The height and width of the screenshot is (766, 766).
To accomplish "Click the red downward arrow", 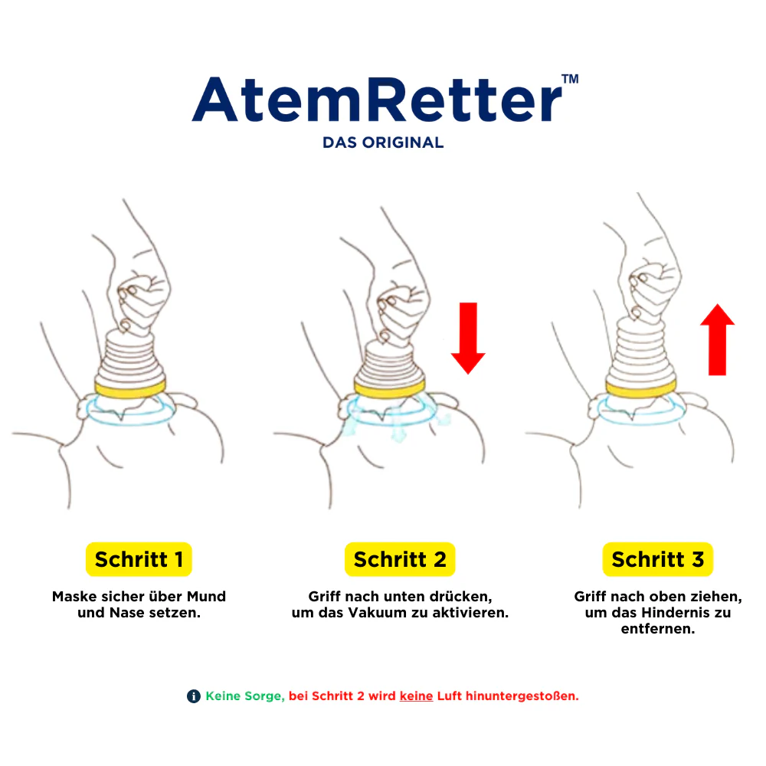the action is pos(468,338).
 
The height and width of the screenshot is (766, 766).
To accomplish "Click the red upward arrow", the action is pos(717,339).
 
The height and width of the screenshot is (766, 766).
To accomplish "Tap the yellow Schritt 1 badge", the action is pos(139,559).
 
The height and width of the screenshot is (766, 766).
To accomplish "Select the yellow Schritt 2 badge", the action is pos(400,559).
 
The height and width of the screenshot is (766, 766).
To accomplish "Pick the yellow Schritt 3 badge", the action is pos(657,559).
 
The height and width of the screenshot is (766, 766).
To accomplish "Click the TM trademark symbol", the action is pos(570,79).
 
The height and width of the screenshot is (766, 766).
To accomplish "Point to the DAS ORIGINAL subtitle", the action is pos(383,142).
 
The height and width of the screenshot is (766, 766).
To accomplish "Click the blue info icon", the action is pos(194,696).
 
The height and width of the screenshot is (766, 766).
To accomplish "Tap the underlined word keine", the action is pos(416,696).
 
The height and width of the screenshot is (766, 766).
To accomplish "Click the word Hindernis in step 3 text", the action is pos(673,613).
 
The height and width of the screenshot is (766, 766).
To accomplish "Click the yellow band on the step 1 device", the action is pos(130,389).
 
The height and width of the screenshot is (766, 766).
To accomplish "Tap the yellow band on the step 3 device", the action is pos(641,388).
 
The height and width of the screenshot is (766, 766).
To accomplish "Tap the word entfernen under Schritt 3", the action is pos(657,629).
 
